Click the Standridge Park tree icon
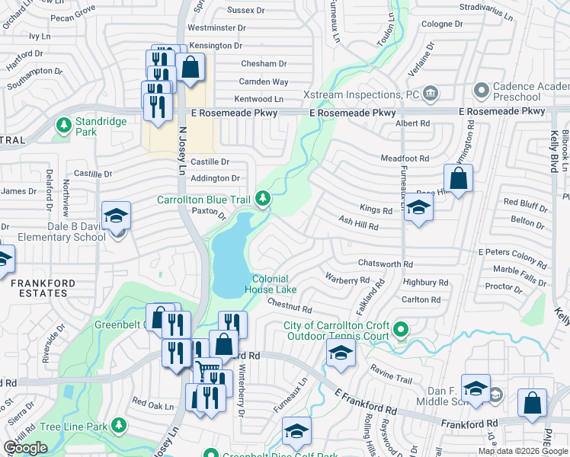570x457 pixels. pyautogui.click(x=64, y=123)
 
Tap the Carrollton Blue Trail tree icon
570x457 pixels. pyautogui.click(x=263, y=199)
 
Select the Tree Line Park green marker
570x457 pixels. pyautogui.click(x=118, y=424)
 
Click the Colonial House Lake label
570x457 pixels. pyautogui.click(x=270, y=284)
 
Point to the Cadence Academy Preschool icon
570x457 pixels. pyautogui.click(x=481, y=91)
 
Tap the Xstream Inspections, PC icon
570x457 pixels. pyautogui.click(x=431, y=94)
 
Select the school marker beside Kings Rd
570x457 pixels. pyautogui.click(x=418, y=207)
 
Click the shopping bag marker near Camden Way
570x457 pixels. pyautogui.click(x=191, y=66)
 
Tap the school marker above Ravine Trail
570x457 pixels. pyautogui.click(x=340, y=353)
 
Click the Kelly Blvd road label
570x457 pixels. pyautogui.click(x=555, y=152)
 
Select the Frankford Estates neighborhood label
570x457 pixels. pyautogui.click(x=43, y=289)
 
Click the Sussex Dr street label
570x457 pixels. pyautogui.click(x=246, y=11)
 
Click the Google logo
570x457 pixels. pyautogui.click(x=25, y=448)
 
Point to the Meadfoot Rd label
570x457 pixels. pyautogui.click(x=405, y=158)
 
